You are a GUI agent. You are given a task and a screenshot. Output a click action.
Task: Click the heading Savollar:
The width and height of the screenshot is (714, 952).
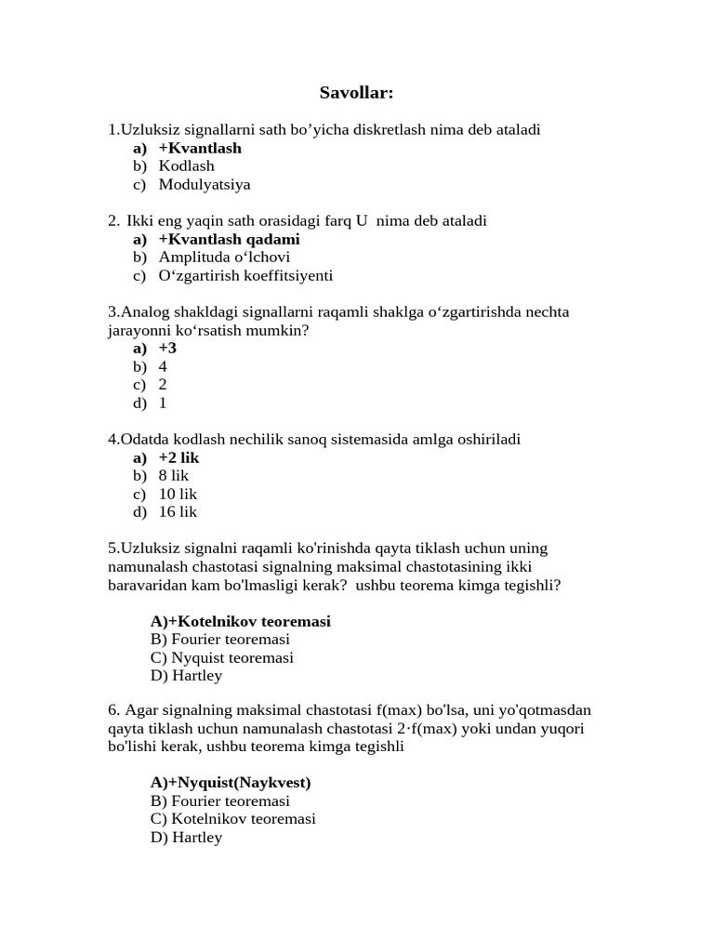tap(357, 93)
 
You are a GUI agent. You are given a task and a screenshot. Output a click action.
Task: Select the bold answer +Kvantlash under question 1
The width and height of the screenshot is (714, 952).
tap(200, 148)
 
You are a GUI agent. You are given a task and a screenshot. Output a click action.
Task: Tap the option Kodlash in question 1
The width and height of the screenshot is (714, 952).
tap(186, 166)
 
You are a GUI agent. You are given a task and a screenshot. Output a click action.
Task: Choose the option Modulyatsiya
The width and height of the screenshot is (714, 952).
tap(205, 184)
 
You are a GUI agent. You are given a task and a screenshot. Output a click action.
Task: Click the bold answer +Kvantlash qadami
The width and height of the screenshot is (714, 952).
tap(229, 239)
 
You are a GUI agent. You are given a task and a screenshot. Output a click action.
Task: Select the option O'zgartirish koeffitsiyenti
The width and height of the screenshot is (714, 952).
tap(245, 276)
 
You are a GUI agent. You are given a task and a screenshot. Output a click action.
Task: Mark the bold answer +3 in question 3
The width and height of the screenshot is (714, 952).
tap(167, 348)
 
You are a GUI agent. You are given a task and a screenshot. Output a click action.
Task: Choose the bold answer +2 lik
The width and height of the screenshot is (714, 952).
tap(178, 457)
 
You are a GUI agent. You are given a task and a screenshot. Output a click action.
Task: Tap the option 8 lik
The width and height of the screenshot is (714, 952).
tap(174, 476)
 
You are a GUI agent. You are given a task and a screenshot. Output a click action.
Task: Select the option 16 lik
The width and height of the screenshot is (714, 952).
tap(178, 512)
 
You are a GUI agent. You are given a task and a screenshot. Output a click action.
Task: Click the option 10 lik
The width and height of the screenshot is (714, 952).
tap(178, 494)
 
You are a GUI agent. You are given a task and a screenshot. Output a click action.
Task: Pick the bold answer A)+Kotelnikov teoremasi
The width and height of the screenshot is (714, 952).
tap(240, 621)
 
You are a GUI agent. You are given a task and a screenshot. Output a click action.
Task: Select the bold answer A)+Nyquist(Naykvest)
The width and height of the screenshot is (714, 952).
tap(231, 783)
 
